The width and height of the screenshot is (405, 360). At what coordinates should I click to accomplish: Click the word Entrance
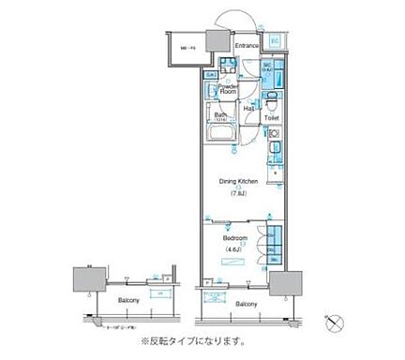247,45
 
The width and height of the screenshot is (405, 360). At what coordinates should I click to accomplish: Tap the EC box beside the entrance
275,41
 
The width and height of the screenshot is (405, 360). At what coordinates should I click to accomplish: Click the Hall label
250,111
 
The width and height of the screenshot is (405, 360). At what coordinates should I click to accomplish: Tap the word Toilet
271,119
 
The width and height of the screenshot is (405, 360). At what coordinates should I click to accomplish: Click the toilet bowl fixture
271,103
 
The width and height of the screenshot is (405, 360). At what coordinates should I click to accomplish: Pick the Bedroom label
234,239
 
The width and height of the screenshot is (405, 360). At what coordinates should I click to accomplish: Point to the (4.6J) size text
234,250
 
